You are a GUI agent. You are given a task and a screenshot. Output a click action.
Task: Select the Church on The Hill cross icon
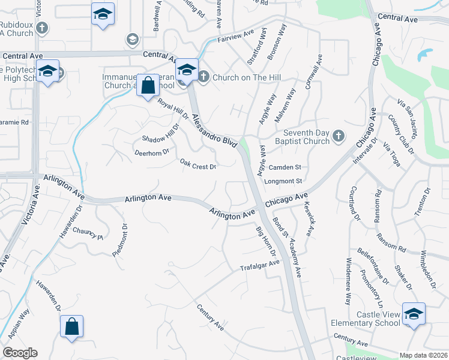tap(203, 77)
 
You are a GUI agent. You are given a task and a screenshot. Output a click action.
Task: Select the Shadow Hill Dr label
tap(161, 133)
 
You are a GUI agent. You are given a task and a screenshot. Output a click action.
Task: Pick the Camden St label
tap(285, 167)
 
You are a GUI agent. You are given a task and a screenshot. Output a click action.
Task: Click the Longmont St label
tap(287, 181)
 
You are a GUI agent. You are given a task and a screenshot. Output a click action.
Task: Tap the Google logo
tap(20, 353)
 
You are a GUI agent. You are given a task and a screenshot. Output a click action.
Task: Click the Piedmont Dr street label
tap(121, 241)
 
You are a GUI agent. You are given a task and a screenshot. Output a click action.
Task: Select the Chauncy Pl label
tap(88, 233)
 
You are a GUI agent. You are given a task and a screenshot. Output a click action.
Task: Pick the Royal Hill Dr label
tap(173, 109)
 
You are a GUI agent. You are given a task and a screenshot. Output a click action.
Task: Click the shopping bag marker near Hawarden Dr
tap(71, 328)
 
